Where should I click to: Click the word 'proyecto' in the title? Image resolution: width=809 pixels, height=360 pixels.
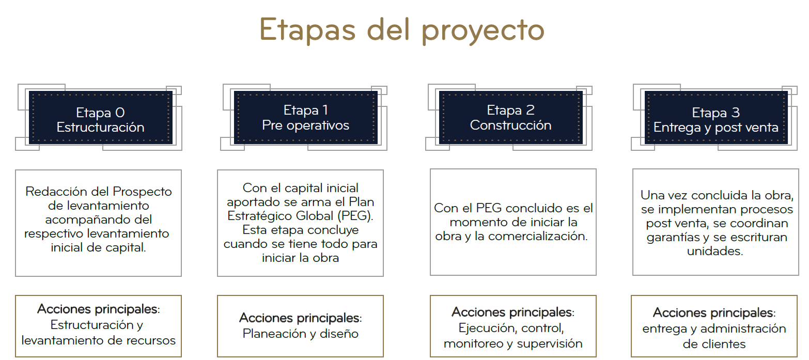click(483, 31)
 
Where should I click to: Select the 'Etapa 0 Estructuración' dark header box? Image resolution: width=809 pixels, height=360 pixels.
click(100, 118)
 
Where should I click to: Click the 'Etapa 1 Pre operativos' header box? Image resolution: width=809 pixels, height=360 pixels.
click(305, 118)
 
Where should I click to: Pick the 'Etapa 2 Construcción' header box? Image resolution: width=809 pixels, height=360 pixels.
click(511, 118)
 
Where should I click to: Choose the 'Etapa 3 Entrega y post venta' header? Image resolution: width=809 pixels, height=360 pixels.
click(716, 118)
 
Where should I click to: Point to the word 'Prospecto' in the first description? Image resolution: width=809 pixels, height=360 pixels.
click(142, 192)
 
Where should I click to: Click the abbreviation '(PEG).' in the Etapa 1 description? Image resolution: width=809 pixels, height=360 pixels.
click(355, 216)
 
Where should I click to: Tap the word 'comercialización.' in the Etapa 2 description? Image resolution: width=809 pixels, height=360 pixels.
click(538, 236)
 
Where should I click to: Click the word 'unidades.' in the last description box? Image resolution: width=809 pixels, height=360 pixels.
click(715, 251)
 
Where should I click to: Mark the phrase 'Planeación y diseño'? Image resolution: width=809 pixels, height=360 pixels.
click(301, 334)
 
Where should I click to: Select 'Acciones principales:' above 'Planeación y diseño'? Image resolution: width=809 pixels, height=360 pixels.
click(301, 318)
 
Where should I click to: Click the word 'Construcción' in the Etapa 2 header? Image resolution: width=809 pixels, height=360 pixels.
click(511, 126)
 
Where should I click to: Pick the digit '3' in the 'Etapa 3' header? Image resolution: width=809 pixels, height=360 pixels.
click(736, 113)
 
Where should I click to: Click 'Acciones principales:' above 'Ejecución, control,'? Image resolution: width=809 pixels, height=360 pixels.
click(513, 312)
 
